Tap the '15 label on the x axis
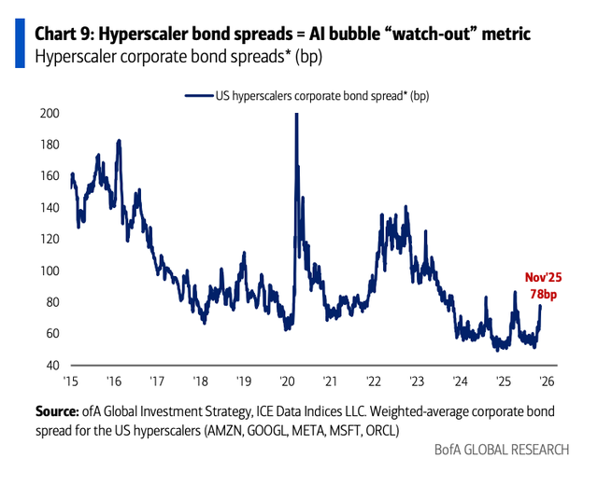(69, 381)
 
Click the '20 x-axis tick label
(286, 381)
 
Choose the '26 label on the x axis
(545, 381)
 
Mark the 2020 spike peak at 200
(296, 114)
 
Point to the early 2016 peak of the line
(119, 141)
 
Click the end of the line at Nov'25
(540, 306)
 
